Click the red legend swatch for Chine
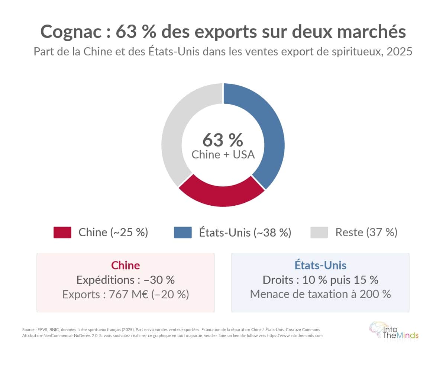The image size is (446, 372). (62, 232)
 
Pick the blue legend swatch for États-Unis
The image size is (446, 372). (182, 232)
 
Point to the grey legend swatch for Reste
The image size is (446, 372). (319, 232)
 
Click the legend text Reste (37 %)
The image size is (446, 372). (366, 232)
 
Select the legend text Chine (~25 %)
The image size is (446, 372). (113, 232)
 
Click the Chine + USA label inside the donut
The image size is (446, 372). (223, 154)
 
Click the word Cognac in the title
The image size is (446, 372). (71, 32)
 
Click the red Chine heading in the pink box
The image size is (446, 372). (126, 265)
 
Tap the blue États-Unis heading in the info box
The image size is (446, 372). (320, 265)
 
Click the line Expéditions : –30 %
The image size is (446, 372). (126, 280)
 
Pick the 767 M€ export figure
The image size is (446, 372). (130, 294)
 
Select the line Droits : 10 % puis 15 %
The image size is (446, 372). (320, 280)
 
